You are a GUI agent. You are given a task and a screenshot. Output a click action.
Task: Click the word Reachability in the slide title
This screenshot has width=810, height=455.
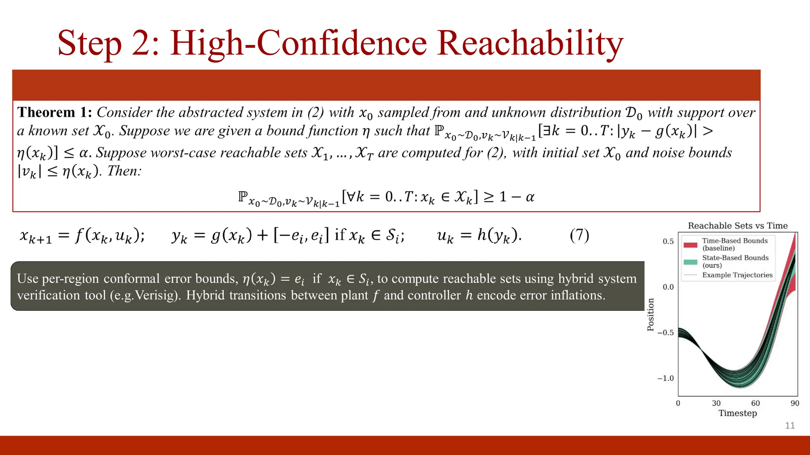click(x=530, y=43)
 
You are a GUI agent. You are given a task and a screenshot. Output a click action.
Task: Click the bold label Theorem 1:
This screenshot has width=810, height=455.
click(x=55, y=113)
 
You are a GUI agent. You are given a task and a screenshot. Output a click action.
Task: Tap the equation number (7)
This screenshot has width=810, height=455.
click(x=579, y=235)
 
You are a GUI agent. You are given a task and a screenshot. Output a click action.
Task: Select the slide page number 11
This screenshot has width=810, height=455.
click(x=790, y=425)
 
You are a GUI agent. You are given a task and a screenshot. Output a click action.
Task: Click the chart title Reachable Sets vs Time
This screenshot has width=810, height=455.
click(x=738, y=226)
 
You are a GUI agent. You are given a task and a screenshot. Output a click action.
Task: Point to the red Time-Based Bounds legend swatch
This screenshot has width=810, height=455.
click(x=690, y=245)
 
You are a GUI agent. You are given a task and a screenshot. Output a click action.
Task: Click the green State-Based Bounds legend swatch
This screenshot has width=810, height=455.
click(x=690, y=262)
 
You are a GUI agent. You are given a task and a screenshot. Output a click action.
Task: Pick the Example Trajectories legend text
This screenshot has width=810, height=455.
click(x=737, y=275)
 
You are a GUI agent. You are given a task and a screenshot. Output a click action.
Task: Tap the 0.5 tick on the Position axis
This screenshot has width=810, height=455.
click(x=668, y=241)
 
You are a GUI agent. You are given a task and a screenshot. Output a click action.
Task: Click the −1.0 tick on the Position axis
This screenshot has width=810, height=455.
click(x=665, y=378)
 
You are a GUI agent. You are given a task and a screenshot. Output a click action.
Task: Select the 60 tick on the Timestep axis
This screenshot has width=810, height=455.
click(x=755, y=403)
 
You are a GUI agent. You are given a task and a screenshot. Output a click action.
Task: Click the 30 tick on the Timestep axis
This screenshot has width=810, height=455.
click(x=716, y=403)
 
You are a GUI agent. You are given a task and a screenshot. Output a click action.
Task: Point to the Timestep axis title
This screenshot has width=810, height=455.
click(x=738, y=413)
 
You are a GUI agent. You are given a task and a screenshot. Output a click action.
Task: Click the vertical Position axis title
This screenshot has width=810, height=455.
click(x=651, y=314)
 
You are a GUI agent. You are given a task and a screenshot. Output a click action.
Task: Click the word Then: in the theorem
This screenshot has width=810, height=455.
click(x=124, y=171)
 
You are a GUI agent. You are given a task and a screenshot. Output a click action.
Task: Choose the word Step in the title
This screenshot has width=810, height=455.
click(x=89, y=43)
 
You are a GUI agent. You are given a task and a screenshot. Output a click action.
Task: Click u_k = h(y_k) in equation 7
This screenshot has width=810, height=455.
click(x=479, y=235)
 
